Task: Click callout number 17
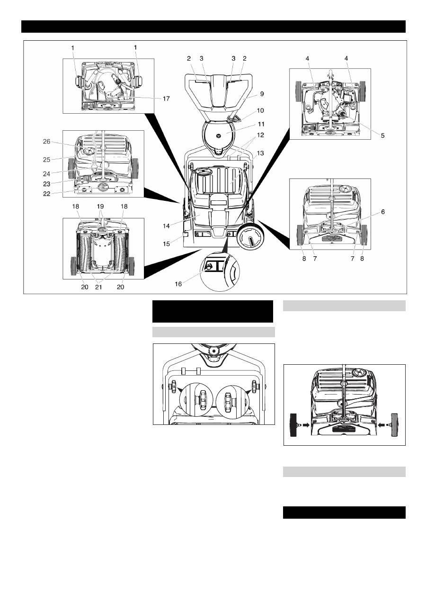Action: pyautogui.click(x=166, y=99)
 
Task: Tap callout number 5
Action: pyautogui.click(x=382, y=135)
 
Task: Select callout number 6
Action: pyautogui.click(x=383, y=212)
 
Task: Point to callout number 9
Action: pyautogui.click(x=262, y=94)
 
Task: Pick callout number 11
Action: pyautogui.click(x=261, y=124)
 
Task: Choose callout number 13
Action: pyautogui.click(x=260, y=153)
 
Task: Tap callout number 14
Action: pyautogui.click(x=166, y=226)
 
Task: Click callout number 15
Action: pyautogui.click(x=166, y=243)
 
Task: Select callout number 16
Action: pyautogui.click(x=178, y=284)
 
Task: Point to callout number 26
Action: pyautogui.click(x=46, y=141)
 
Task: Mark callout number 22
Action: pyautogui.click(x=46, y=194)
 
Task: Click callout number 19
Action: pyautogui.click(x=100, y=207)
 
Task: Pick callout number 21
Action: pyautogui.click(x=99, y=287)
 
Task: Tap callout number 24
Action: pyautogui.click(x=46, y=174)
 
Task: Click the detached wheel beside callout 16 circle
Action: pyautogui.click(x=250, y=235)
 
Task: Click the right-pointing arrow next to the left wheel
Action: pyautogui.click(x=306, y=424)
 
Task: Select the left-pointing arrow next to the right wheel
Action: pyautogui.click(x=382, y=424)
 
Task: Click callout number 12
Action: pyautogui.click(x=260, y=135)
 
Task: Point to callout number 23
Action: pyautogui.click(x=46, y=184)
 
